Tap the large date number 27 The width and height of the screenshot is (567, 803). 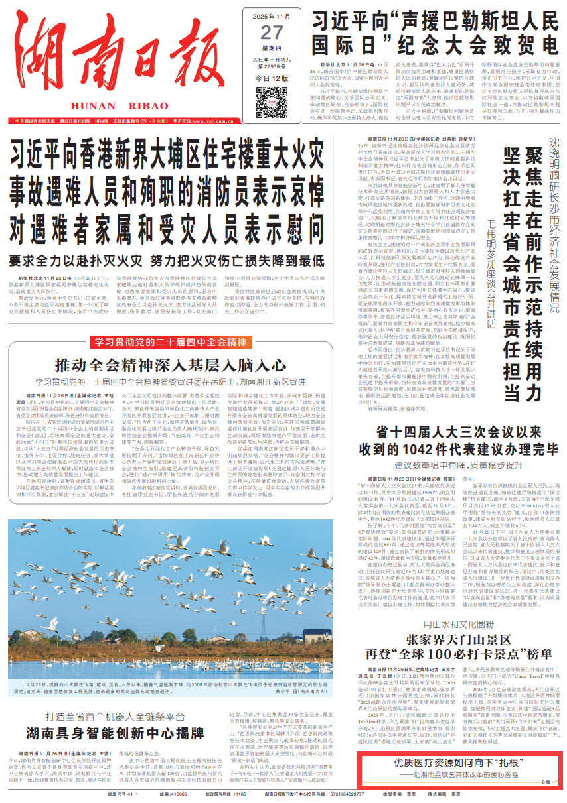272,32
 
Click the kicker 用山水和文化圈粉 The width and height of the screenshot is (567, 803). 459,624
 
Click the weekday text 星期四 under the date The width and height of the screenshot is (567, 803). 272,48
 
